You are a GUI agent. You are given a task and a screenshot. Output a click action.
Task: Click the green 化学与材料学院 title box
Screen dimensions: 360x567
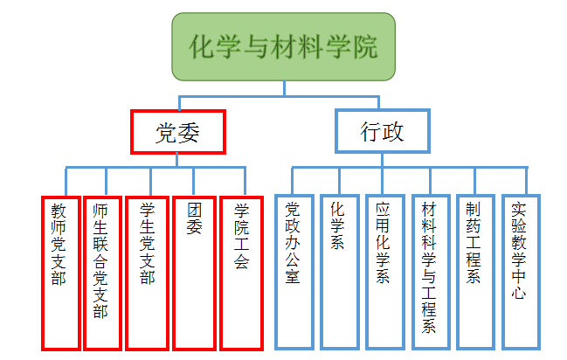(284, 46)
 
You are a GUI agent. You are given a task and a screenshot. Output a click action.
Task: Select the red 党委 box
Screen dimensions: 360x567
(178, 132)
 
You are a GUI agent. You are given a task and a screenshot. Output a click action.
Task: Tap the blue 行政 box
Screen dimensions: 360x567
(383, 132)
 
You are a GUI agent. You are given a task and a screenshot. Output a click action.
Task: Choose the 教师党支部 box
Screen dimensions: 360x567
(59, 271)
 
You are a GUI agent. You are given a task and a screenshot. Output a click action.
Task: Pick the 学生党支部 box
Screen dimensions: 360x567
(147, 271)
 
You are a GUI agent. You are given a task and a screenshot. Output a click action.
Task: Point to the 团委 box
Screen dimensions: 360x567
(194, 271)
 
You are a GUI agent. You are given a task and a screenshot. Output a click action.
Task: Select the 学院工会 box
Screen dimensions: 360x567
(241, 271)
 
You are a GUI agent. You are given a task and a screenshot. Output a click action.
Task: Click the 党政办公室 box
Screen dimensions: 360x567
(293, 271)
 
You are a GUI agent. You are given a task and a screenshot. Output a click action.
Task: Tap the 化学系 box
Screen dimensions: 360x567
(338, 271)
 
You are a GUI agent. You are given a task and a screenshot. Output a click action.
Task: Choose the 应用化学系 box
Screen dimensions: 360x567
(384, 271)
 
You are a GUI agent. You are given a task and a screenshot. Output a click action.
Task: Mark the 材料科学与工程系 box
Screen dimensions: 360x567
(429, 271)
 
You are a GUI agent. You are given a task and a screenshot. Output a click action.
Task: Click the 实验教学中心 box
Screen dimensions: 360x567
(520, 271)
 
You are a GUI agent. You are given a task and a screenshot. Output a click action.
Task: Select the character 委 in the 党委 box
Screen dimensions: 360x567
(190, 132)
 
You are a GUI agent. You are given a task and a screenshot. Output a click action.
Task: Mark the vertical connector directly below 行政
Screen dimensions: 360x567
(383, 160)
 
